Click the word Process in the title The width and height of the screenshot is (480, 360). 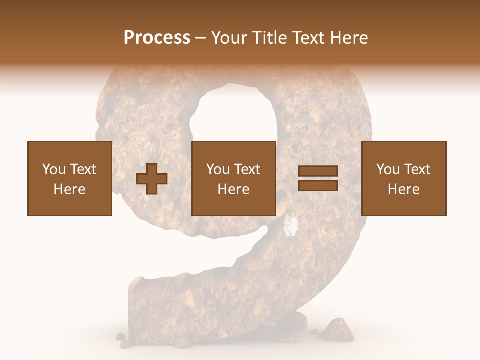click(157, 38)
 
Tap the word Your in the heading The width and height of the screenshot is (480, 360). click(229, 38)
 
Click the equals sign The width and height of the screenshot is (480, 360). click(318, 178)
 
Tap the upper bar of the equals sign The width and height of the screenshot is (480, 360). click(318, 171)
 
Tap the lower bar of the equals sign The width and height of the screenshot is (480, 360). click(318, 185)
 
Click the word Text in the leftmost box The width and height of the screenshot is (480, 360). click(83, 169)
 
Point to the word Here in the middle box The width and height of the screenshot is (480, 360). click(234, 189)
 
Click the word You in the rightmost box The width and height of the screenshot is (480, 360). click(388, 169)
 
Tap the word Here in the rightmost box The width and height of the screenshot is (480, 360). click(404, 189)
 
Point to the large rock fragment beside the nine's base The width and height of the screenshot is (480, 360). click(336, 328)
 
